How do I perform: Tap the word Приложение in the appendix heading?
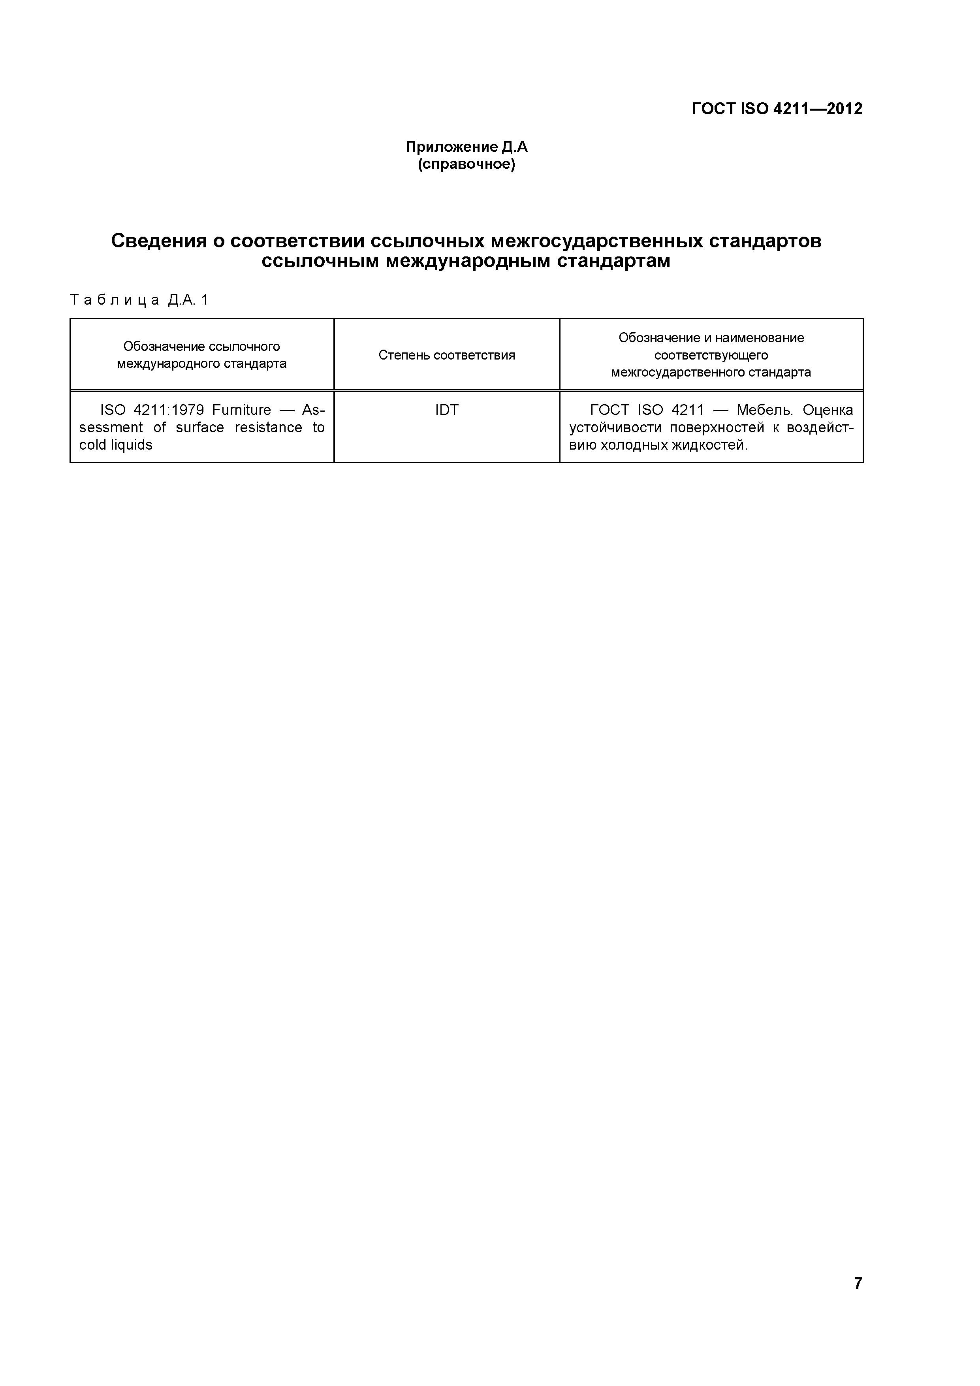click(x=452, y=147)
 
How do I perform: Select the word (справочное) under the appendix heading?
click(x=466, y=164)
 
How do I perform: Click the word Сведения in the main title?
click(x=156, y=241)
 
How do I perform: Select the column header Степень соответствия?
click(x=447, y=355)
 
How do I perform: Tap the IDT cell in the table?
click(x=447, y=411)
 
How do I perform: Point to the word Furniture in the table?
click(x=241, y=411)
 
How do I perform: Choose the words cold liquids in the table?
click(x=116, y=445)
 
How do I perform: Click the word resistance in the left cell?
click(x=269, y=427)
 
